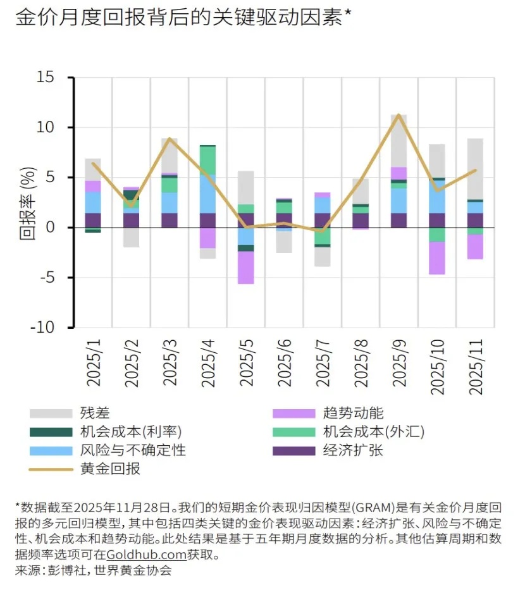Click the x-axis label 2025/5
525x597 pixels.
click(x=245, y=365)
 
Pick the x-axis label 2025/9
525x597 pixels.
click(x=398, y=365)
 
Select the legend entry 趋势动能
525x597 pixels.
click(x=353, y=414)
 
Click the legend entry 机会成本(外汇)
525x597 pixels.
click(x=373, y=432)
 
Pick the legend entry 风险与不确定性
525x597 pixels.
click(x=133, y=450)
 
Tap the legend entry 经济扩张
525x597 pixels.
click(x=353, y=450)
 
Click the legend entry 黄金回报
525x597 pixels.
click(x=110, y=469)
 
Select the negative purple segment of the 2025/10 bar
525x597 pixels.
click(x=436, y=258)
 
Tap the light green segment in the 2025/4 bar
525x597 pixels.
click(x=207, y=160)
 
